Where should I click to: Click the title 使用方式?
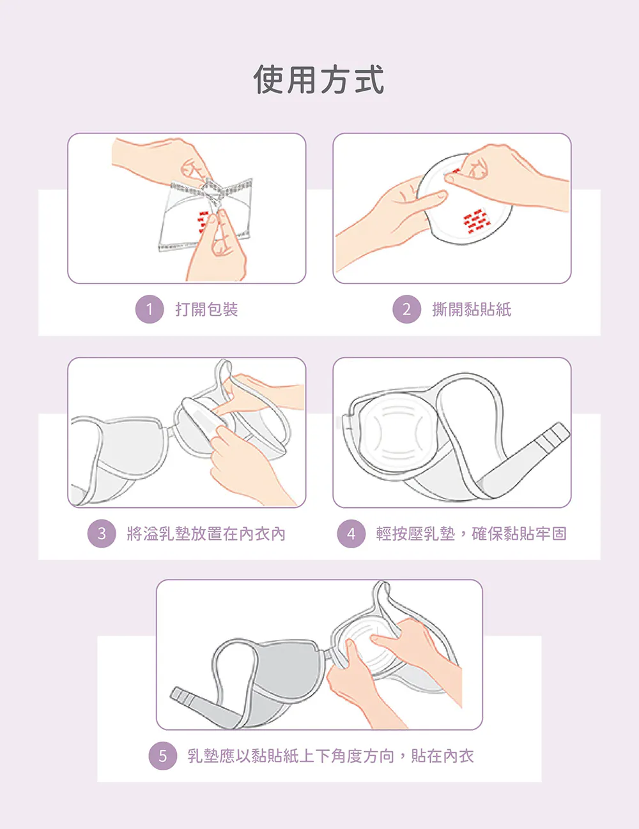coord(319,79)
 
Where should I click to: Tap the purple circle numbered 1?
coord(150,309)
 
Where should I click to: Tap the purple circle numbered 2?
coord(407,309)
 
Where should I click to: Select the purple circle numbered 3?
coord(102,534)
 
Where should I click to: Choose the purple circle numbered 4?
coord(351,534)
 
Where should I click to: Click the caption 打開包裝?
coord(206,310)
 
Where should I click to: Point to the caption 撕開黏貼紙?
coord(472,310)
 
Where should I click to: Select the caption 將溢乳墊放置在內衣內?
coord(206,534)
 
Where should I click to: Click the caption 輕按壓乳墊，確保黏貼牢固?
coord(472,534)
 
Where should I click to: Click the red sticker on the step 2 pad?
coord(476,221)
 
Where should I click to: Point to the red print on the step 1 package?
coord(203,221)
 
